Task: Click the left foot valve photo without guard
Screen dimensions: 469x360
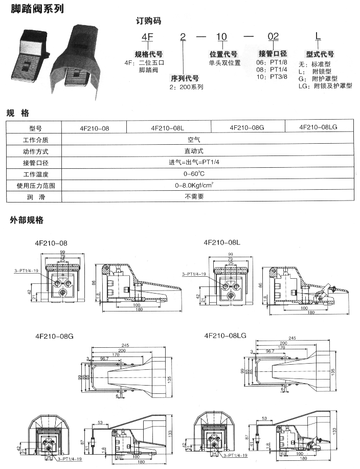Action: click(x=30, y=57)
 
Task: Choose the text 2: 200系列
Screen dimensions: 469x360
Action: click(x=187, y=87)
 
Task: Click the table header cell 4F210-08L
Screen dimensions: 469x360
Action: click(x=168, y=128)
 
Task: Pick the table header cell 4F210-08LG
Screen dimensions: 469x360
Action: click(x=319, y=128)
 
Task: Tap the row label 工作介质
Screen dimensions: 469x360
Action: click(x=35, y=140)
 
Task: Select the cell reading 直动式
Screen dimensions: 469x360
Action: click(x=194, y=151)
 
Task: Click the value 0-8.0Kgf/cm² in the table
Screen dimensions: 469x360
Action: click(x=194, y=185)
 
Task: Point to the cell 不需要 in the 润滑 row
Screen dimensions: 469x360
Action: click(x=194, y=196)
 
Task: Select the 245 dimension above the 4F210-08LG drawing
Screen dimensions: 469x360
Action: click(x=292, y=338)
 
